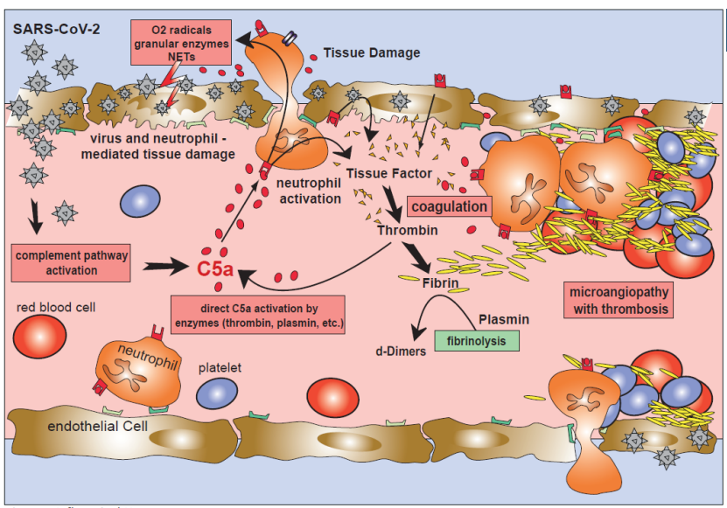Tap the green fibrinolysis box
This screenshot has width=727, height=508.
(x=476, y=341)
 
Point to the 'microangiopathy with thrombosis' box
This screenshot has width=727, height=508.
(x=619, y=300)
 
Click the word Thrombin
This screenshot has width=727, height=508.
(x=408, y=231)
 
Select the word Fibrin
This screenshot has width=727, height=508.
(x=440, y=283)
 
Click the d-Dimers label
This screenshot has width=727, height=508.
(x=401, y=351)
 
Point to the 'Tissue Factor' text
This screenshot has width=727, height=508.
(x=388, y=173)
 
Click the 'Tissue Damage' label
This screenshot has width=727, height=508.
(x=372, y=52)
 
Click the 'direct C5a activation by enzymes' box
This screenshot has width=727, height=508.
(x=257, y=316)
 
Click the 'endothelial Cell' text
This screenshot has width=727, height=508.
(x=97, y=427)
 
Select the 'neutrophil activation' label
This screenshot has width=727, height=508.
(x=308, y=191)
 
